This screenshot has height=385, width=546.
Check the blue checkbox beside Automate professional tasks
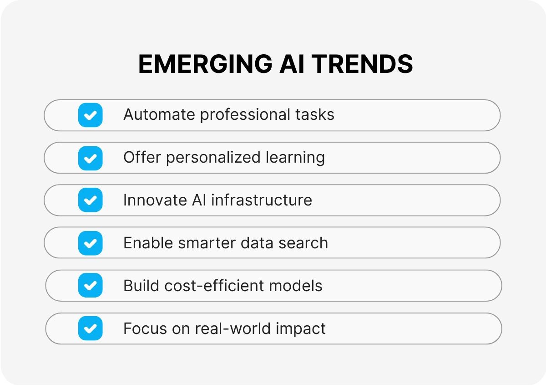coord(90,115)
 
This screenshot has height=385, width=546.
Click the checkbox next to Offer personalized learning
coord(90,158)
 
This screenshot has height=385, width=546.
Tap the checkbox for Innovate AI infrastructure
coord(90,200)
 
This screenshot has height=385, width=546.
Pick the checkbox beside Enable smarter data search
coord(90,243)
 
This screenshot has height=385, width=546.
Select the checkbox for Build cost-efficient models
coord(90,286)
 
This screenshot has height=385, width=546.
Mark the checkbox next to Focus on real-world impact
coord(90,329)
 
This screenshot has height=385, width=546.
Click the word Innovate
coord(149,200)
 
